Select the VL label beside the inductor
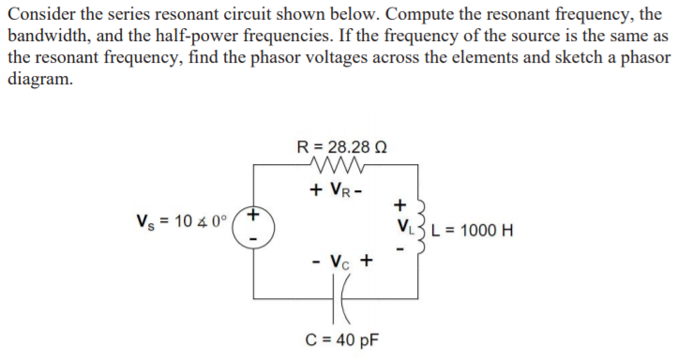pyautogui.click(x=400, y=227)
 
